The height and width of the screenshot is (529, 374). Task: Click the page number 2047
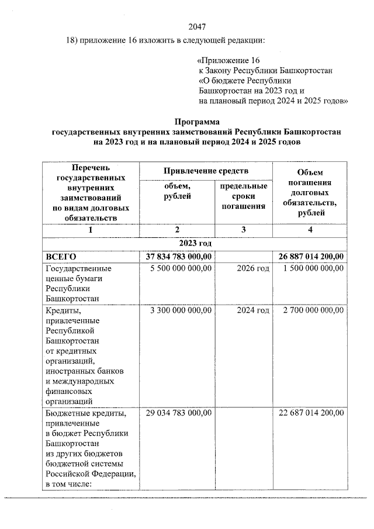tap(197, 26)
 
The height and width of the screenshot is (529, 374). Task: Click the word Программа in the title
tap(197, 122)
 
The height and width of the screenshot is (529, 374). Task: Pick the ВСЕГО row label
tap(61, 256)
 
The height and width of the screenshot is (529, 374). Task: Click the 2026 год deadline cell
tap(253, 268)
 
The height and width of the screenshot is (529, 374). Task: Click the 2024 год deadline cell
tap(253, 310)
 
